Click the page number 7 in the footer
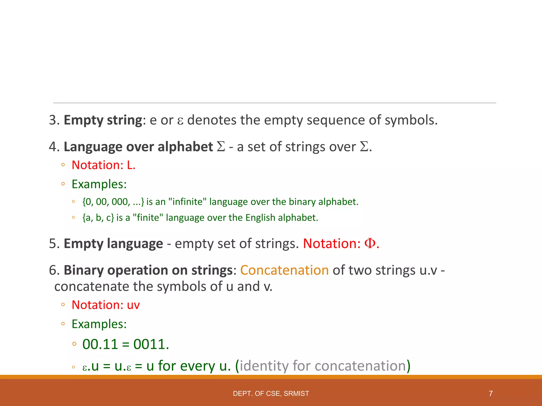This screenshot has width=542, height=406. click(x=491, y=394)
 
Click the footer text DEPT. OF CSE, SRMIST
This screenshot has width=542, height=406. click(x=271, y=394)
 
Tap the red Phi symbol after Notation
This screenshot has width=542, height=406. click(x=370, y=243)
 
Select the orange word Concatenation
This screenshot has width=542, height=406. click(x=284, y=270)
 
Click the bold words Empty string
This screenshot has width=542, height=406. click(x=103, y=120)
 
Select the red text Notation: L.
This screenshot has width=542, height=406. click(x=103, y=165)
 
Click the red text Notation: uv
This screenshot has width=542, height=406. click(x=106, y=305)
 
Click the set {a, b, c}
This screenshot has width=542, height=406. click(x=98, y=218)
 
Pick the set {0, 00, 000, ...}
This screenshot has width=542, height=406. click(x=113, y=202)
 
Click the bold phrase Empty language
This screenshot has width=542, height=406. click(x=113, y=243)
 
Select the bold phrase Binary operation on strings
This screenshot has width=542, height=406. click(x=148, y=270)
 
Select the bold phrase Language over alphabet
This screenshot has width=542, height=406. click(x=138, y=147)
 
